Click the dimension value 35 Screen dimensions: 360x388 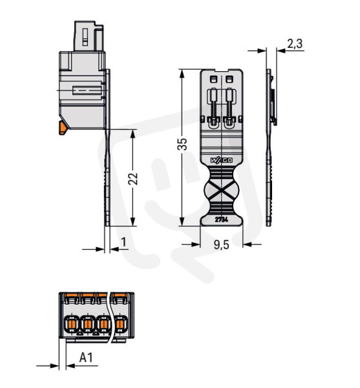182,144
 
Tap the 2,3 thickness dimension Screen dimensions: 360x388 295,44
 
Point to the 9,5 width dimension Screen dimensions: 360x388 222,244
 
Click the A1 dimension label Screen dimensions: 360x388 86,358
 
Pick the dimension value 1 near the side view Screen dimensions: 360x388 123,242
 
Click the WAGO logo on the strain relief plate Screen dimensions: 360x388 222,160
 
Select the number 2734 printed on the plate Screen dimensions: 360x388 222,219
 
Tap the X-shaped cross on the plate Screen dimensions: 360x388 222,190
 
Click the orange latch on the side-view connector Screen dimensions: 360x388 62,127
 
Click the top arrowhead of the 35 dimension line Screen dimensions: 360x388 182,74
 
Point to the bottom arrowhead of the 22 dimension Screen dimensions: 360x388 133,221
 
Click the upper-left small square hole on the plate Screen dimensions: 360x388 213,79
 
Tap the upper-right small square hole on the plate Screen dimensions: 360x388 229,79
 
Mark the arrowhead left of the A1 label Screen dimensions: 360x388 55,365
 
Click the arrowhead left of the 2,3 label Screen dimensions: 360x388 262,50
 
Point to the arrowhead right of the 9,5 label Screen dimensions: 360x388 248,244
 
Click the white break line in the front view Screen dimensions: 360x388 110,318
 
